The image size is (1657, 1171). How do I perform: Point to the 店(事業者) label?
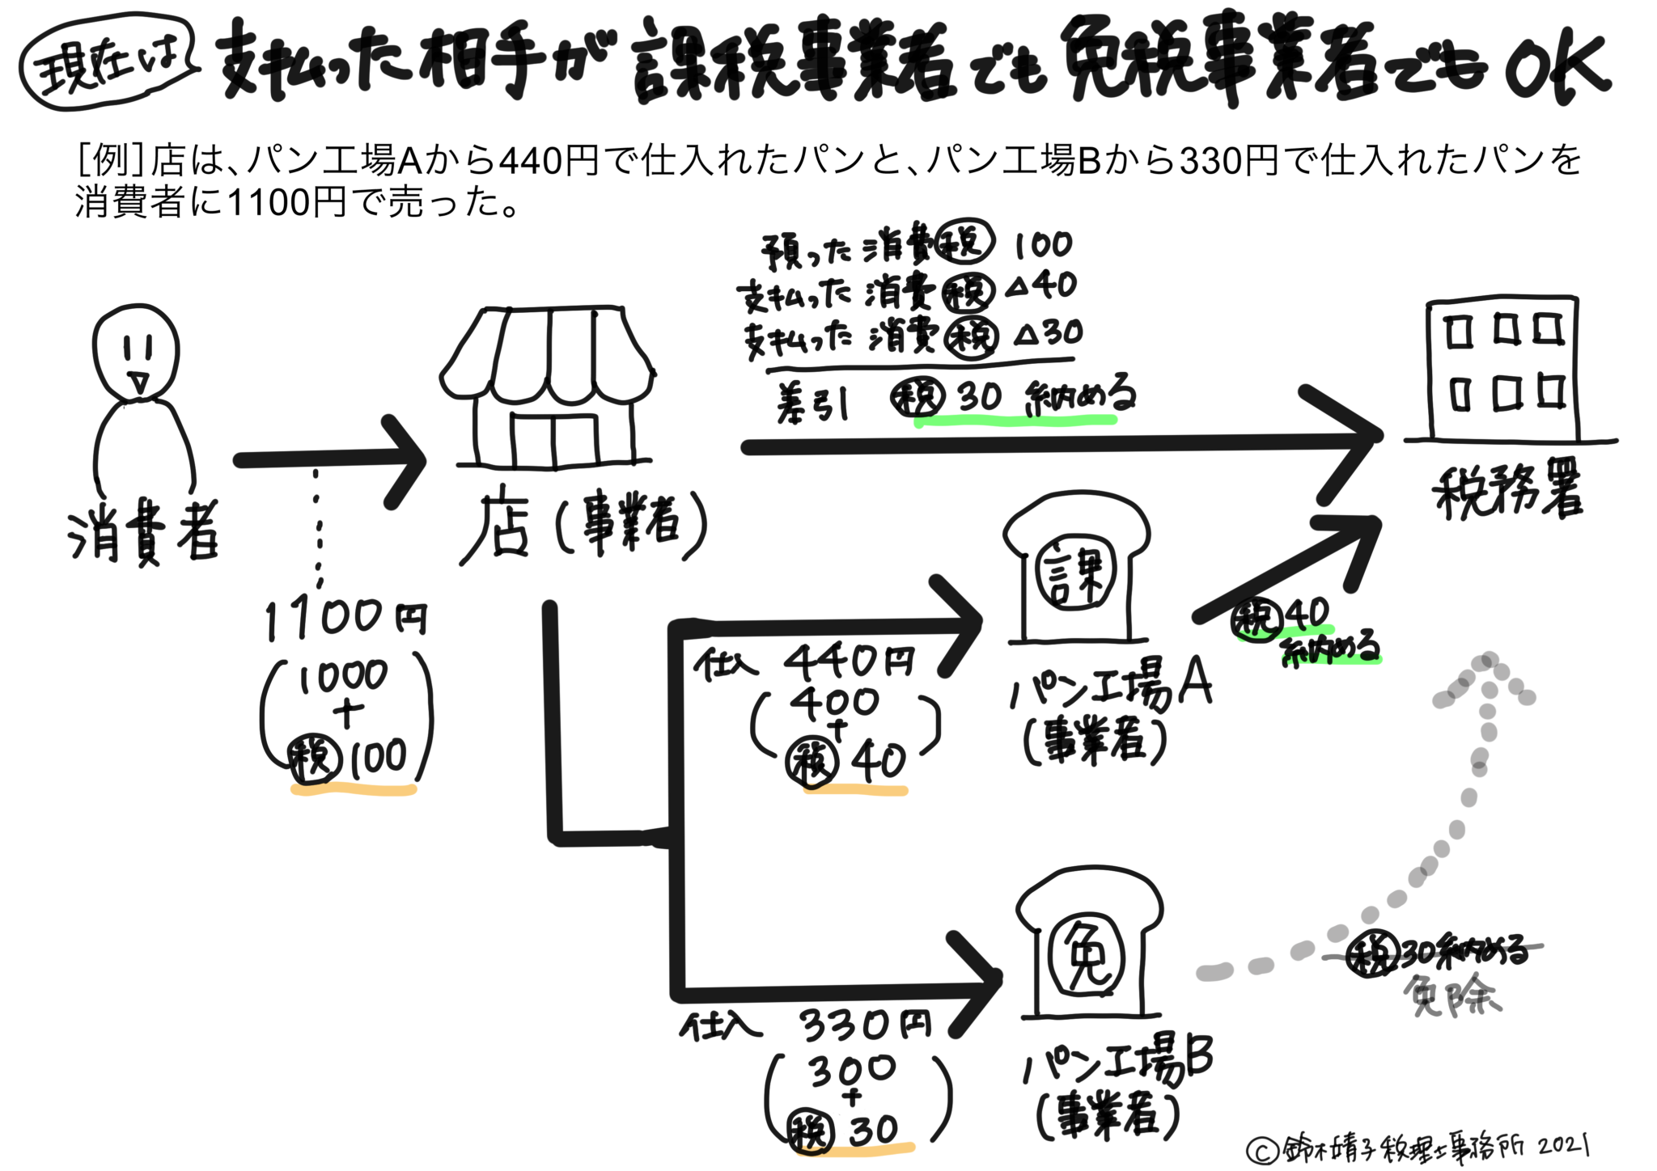tap(583, 526)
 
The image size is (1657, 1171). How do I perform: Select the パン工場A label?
tap(1111, 688)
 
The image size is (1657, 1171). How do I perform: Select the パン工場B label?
tap(1117, 1062)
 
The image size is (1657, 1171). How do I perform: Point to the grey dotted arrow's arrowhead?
tap(1484, 679)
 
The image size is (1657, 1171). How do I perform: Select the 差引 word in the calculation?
tap(812, 402)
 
